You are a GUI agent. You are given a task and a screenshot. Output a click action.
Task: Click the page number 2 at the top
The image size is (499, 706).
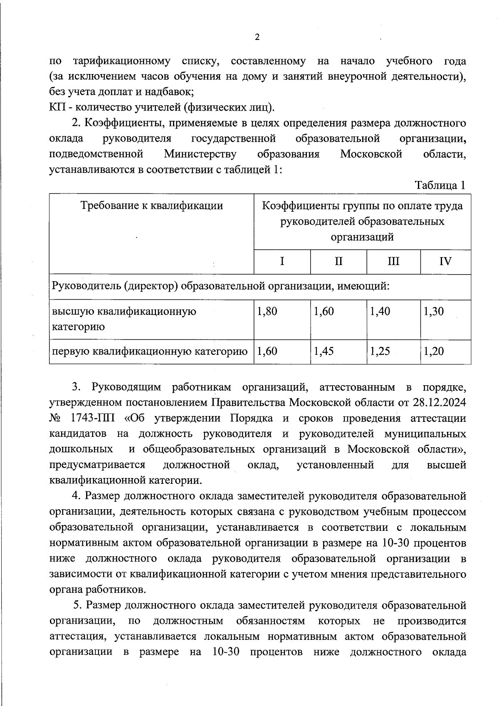pyautogui.click(x=257, y=37)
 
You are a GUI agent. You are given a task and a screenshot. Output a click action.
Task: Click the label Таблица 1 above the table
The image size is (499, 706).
pyautogui.click(x=440, y=186)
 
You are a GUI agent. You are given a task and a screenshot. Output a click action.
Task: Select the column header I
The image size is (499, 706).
pyautogui.click(x=282, y=262)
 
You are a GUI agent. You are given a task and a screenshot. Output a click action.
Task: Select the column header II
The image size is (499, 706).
pyautogui.click(x=338, y=262)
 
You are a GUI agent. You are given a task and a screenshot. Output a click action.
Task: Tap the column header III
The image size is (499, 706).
pyautogui.click(x=393, y=262)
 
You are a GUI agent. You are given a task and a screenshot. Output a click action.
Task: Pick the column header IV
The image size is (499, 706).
pyautogui.click(x=445, y=262)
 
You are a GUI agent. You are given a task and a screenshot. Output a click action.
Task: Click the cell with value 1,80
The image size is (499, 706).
pyautogui.click(x=267, y=312)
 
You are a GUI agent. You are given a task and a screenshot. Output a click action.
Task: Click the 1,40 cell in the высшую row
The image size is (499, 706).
pyautogui.click(x=380, y=312)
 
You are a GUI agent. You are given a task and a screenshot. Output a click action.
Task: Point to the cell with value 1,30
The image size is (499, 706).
pyautogui.click(x=434, y=312)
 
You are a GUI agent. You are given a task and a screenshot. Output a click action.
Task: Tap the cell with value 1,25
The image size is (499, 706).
pyautogui.click(x=380, y=352)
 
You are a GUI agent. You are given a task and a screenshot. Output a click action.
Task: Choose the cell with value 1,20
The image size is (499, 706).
pyautogui.click(x=434, y=352)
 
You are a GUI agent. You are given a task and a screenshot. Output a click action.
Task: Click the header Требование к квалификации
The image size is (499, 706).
pyautogui.click(x=151, y=206)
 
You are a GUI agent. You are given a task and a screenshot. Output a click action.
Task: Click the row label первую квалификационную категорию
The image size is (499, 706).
pyautogui.click(x=150, y=352)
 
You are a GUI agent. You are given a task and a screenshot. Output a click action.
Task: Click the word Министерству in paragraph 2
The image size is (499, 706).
pyautogui.click(x=200, y=154)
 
